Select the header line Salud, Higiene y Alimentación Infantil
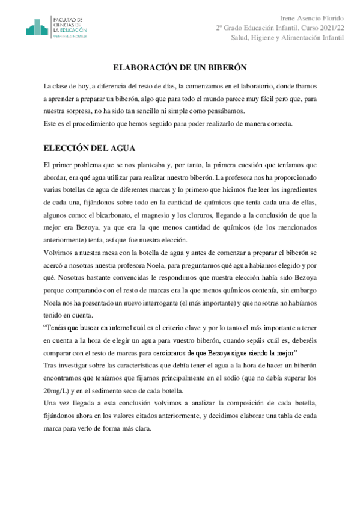[x=288, y=38]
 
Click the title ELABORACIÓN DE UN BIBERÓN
[x=180, y=68]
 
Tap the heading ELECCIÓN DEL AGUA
[x=90, y=148]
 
